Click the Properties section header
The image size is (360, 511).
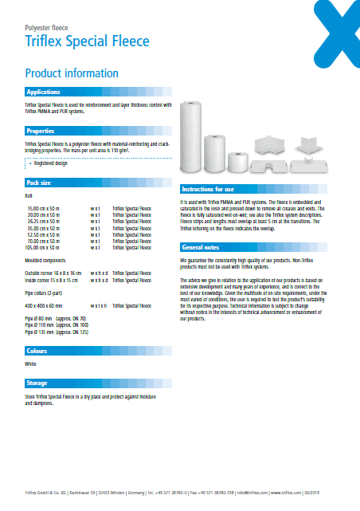[x=41, y=131]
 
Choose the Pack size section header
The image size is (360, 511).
[x=40, y=182]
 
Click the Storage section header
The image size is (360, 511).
[x=37, y=383]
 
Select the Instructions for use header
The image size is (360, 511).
[x=208, y=189]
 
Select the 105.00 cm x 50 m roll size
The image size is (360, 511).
[x=45, y=248]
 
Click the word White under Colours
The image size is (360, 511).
[x=31, y=364]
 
